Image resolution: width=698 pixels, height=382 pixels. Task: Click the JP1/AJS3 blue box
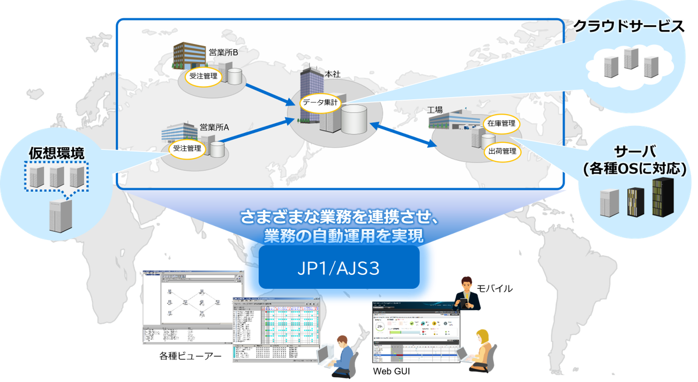tap(339, 267)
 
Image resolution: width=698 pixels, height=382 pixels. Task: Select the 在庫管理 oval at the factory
tap(502, 124)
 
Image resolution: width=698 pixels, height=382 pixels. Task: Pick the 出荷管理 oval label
tap(502, 151)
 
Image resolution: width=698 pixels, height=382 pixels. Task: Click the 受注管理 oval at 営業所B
tap(204, 76)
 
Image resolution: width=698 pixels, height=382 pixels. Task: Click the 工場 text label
tap(435, 110)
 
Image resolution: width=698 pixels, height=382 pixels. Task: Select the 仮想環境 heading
tap(56, 153)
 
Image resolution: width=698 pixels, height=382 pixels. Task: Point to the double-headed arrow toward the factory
tap(402, 134)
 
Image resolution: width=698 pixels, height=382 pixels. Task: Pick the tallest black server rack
tap(663, 197)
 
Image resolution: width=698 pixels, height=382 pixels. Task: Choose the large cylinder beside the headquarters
tap(354, 119)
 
